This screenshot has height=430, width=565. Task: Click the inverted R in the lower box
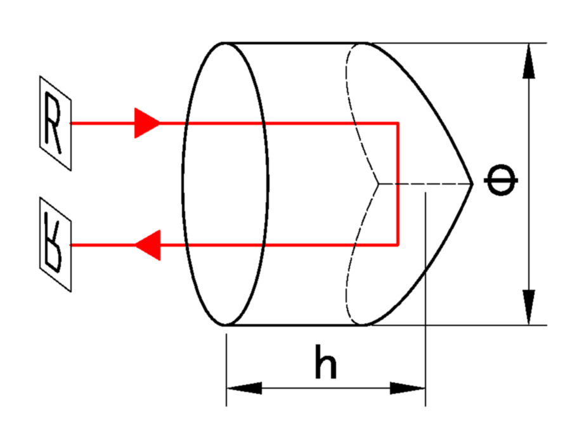(55, 244)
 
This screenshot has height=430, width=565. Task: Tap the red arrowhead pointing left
(148, 245)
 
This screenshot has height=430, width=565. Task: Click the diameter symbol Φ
(501, 183)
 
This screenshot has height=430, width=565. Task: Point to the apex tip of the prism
(472, 184)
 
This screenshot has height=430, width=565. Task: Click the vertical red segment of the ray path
(398, 184)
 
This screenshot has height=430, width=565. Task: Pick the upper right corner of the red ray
(398, 123)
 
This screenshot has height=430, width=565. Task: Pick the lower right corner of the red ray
(398, 245)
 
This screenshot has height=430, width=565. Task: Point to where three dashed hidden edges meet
(379, 185)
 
